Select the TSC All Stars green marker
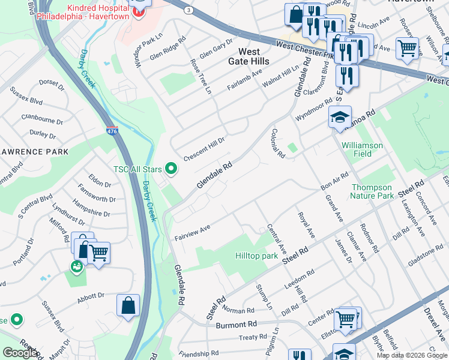pyautogui.click(x=172, y=169)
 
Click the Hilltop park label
pyautogui.click(x=256, y=256)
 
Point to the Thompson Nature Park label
pyautogui.click(x=372, y=191)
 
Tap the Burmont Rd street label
pyautogui.click(x=237, y=324)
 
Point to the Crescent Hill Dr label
pyautogui.click(x=204, y=146)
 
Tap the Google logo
pyautogui.click(x=20, y=353)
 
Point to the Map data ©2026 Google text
pyautogui.click(x=411, y=355)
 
